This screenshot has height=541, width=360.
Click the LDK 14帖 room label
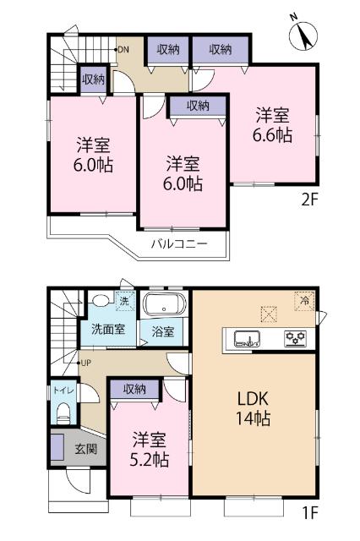pos(253,407)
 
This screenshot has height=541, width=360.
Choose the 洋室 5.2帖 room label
pos(150,451)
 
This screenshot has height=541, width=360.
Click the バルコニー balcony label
pos(179,243)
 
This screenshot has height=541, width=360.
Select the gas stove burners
pos(295,340)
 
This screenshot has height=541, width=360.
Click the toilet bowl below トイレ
pos(62,414)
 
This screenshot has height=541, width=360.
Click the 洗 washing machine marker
pos(123,301)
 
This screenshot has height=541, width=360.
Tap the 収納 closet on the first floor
pos(134,389)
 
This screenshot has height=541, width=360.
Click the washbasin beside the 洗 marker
pos(100,300)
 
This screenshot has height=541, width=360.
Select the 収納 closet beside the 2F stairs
pos(93,79)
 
